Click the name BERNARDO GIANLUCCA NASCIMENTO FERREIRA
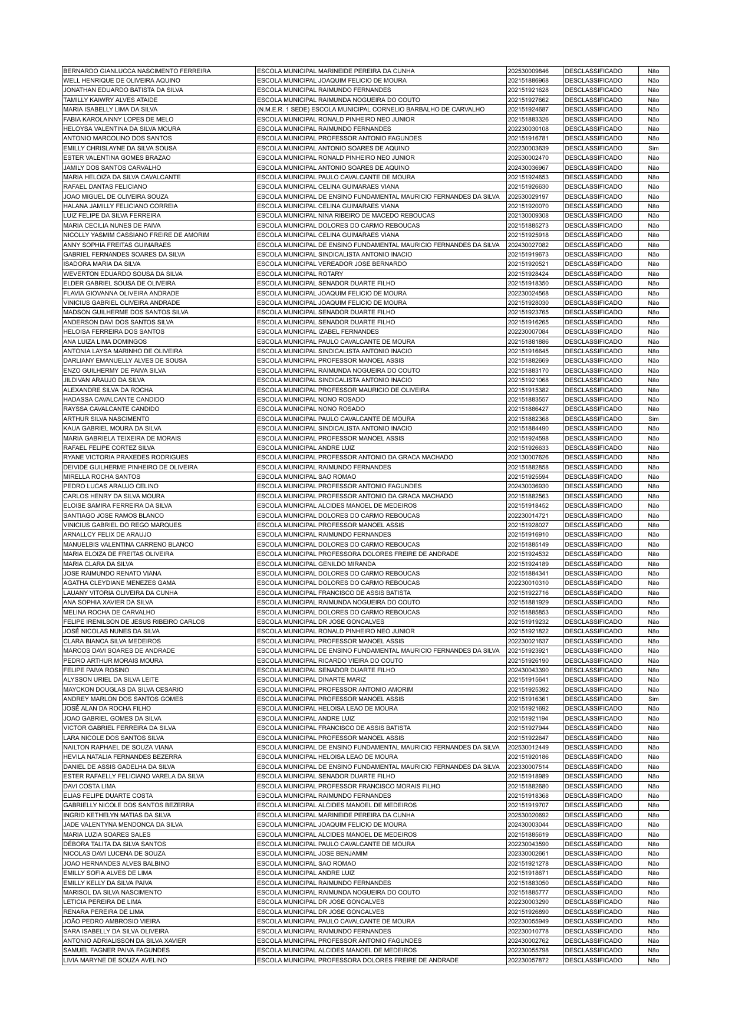(137, 71)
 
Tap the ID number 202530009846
(528, 71)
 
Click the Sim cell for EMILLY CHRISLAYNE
(653, 148)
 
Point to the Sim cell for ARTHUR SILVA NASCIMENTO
(653, 419)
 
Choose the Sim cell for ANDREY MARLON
(653, 699)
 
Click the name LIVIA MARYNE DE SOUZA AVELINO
(115, 960)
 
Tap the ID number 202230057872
(528, 960)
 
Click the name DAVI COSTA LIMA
(90, 786)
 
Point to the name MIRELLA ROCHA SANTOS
(102, 476)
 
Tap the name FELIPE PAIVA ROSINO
(96, 670)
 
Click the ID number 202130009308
(528, 215)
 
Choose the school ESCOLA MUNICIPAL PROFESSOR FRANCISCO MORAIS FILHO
(349, 786)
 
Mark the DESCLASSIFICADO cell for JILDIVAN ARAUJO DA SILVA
(593, 380)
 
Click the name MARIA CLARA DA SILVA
(98, 564)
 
